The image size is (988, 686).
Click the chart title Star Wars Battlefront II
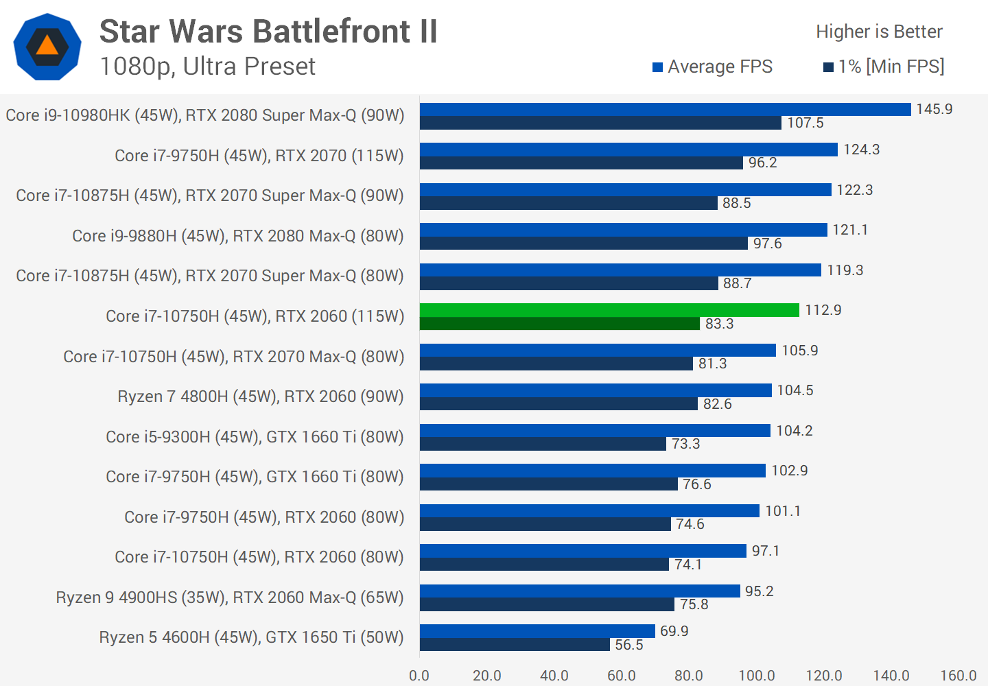pos(268,32)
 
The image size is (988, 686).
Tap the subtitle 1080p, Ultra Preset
pos(207,67)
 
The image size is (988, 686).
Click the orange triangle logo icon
pos(47,46)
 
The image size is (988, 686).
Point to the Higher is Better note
pos(879,32)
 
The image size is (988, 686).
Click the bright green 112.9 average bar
pos(609,310)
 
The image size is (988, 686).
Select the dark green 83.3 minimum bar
pos(559,324)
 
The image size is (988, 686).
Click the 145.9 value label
pos(934,109)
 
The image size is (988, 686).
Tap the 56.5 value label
pos(628,645)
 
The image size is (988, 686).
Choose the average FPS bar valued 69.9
pos(537,631)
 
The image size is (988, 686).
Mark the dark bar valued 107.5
pos(600,123)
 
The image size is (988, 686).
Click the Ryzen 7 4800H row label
pos(261,397)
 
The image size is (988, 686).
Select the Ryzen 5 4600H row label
pos(251,637)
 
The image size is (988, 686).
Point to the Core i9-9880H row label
pos(238,236)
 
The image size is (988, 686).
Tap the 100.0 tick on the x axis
pos(756,676)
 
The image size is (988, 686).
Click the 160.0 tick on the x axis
pos(958,676)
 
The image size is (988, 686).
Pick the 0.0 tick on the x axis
pos(419,676)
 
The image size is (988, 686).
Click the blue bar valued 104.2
pos(595,431)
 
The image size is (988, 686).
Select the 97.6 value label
pos(767,244)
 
